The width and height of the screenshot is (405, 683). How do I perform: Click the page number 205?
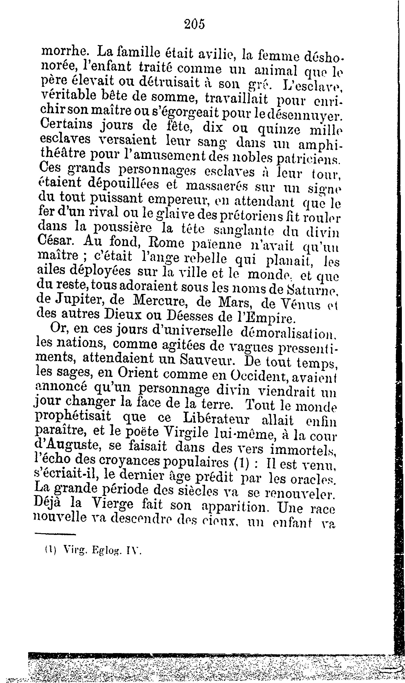click(194, 25)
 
